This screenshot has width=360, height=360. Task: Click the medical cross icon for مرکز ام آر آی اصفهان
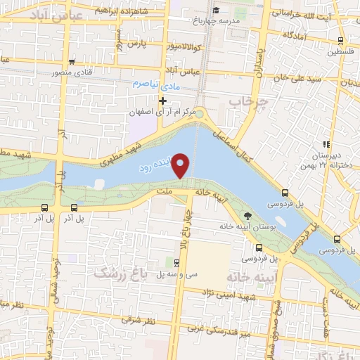[x=163, y=101]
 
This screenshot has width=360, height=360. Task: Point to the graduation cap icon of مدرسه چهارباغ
[x=217, y=10]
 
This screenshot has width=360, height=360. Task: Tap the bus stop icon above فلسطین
[x=341, y=41]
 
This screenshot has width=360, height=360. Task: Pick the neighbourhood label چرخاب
[x=250, y=103]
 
